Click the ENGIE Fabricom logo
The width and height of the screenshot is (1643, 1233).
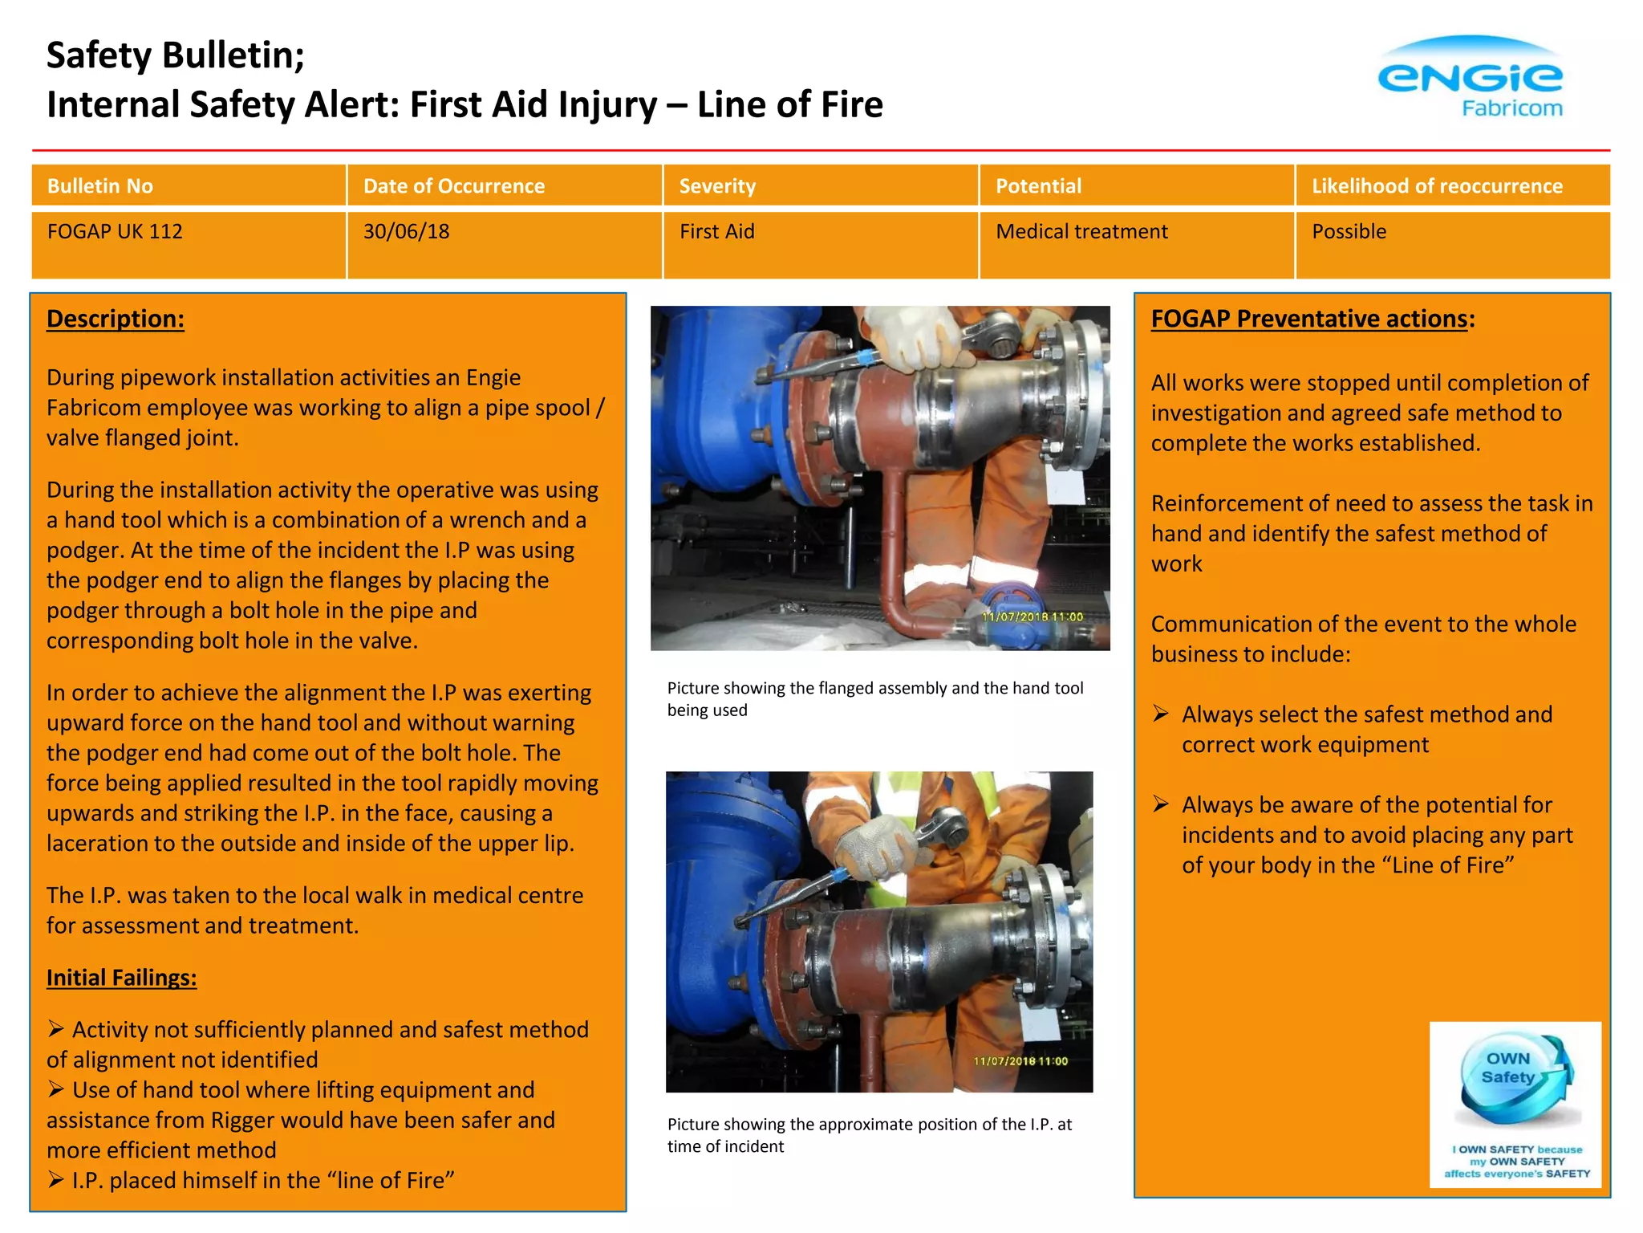click(1470, 79)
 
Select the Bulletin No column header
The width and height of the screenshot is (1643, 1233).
click(99, 186)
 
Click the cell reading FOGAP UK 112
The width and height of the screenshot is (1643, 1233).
click(115, 232)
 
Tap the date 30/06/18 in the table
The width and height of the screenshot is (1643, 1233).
click(406, 232)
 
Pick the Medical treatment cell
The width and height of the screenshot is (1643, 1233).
click(1081, 232)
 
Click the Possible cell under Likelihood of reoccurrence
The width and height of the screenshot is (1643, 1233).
click(1349, 232)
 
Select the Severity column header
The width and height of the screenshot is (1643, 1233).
click(717, 186)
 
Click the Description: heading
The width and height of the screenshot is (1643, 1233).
click(116, 319)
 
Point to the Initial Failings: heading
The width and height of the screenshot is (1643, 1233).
click(121, 978)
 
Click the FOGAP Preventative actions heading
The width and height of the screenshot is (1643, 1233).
click(1309, 319)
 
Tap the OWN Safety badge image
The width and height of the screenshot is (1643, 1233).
click(1515, 1104)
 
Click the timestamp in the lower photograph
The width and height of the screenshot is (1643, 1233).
click(1020, 1061)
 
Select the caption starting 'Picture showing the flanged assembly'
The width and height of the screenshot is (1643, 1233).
click(874, 698)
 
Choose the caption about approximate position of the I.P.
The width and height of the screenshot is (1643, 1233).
click(869, 1135)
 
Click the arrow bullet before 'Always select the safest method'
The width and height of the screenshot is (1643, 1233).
click(1161, 714)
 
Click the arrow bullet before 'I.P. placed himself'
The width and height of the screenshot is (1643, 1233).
click(55, 1179)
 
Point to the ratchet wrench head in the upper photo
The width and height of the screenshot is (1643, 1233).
click(999, 336)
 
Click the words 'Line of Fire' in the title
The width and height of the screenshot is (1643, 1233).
click(789, 105)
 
